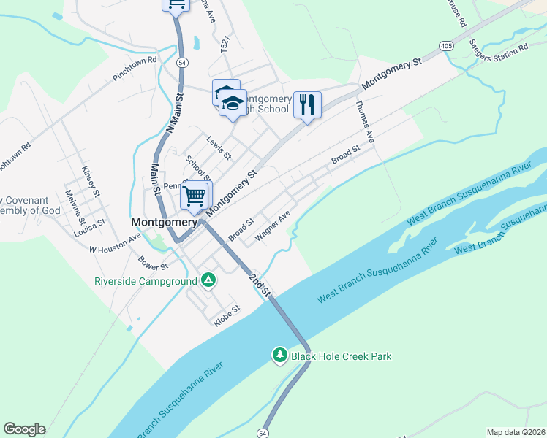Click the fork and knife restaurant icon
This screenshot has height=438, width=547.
307,104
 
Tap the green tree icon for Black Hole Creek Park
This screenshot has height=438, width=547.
279,356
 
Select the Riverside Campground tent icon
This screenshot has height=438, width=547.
208,280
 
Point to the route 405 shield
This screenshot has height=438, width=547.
445,45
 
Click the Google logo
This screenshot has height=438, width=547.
24,429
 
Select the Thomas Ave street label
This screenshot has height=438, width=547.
365,116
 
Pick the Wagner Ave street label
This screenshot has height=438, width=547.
273,226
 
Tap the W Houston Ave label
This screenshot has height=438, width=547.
114,244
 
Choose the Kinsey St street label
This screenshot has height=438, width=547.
91,180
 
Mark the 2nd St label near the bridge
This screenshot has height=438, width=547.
260,285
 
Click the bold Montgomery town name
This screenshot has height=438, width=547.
164,221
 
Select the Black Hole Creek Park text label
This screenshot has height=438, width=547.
342,356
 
